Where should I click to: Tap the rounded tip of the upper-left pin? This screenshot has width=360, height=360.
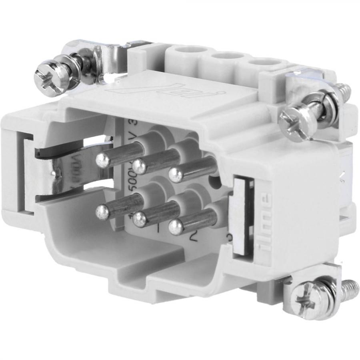click(x=103, y=161)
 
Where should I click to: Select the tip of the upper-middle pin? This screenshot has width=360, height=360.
click(x=140, y=164)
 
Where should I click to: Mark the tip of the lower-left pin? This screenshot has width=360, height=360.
click(x=103, y=212)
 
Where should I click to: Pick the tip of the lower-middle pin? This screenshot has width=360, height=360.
click(x=140, y=218)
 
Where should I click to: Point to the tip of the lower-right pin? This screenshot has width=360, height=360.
click(x=175, y=227)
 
